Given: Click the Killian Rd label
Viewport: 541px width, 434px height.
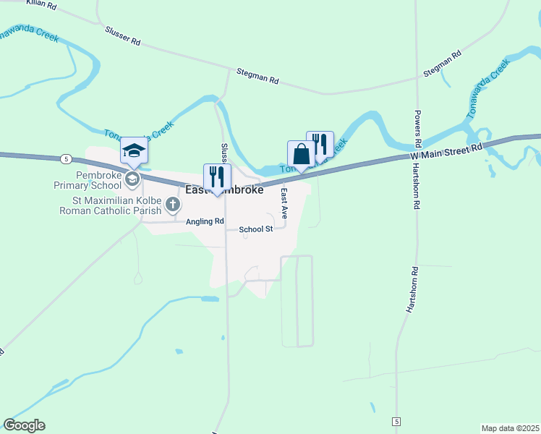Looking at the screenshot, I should pos(41,5).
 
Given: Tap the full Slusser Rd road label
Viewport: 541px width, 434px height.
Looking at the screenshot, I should pos(122,36).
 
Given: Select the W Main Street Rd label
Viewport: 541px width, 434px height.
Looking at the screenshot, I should pos(446,150).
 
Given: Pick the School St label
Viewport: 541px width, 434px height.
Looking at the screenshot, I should pos(255,229).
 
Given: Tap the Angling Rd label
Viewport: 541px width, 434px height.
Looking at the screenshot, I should pos(205,222).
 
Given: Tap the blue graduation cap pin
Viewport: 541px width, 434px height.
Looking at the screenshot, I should pos(134,151).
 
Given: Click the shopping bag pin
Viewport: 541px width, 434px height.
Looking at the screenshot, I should pos(302,154).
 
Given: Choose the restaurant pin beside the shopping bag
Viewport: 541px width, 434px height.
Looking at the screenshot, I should pos(320,145).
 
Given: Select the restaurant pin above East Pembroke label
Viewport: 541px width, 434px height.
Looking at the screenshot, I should pos(217,177).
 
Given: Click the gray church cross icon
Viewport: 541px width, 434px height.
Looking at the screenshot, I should pos(172,205).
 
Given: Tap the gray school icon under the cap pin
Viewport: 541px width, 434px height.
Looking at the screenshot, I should pos(132,178).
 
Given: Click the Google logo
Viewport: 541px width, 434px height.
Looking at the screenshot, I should pos(24,425).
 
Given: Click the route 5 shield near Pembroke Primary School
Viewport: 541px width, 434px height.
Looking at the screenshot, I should pos(66,158).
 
